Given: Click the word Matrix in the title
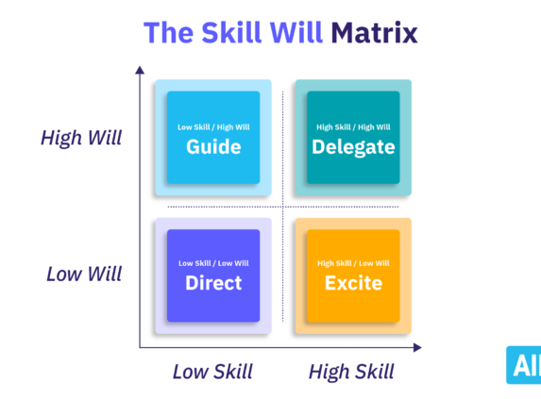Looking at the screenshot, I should click(x=374, y=33).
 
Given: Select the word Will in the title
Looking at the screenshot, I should click(x=300, y=33).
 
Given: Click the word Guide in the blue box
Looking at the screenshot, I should click(x=213, y=147).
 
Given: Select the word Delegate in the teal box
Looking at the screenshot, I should click(x=353, y=147).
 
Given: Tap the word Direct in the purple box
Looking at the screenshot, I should click(x=213, y=283).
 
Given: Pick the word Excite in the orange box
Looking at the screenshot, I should click(x=353, y=283).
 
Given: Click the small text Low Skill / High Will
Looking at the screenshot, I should click(x=213, y=126).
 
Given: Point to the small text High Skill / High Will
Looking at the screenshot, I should click(x=353, y=126).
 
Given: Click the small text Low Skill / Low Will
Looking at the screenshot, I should click(x=213, y=263).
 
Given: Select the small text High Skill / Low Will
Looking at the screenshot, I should click(x=353, y=263).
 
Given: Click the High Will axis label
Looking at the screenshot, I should click(x=81, y=138).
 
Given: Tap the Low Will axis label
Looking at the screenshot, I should click(x=83, y=274).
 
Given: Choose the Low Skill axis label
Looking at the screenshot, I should click(x=212, y=372).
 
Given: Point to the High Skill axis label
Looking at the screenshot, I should click(x=351, y=372).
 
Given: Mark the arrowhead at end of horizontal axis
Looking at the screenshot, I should click(x=418, y=347).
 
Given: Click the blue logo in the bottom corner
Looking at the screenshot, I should click(x=523, y=366).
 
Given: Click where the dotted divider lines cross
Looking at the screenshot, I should click(x=283, y=207).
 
